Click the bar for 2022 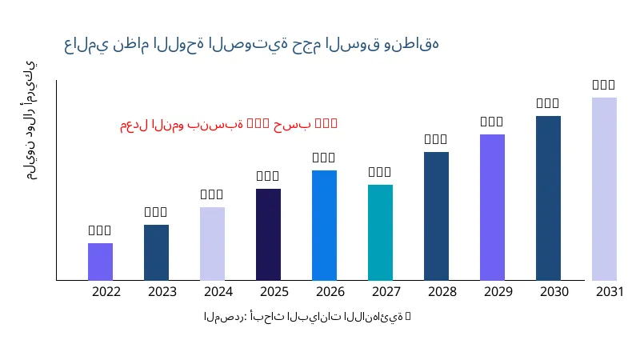(x=100, y=262)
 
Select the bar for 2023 (x=156, y=252)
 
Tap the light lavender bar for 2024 (x=212, y=243)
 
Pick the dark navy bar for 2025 (x=268, y=234)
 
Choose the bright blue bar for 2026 (x=324, y=225)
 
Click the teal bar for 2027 (x=380, y=232)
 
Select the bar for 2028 (x=436, y=216)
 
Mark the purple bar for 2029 (x=492, y=207)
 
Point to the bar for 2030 (x=548, y=198)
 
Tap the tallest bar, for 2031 (x=604, y=189)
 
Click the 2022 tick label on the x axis (x=106, y=291)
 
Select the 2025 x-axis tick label (x=274, y=291)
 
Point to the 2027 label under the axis (x=386, y=291)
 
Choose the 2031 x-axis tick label (x=610, y=291)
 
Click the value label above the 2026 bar (x=324, y=158)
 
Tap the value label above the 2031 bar (x=604, y=85)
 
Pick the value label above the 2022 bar (x=100, y=230)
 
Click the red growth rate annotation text (x=229, y=124)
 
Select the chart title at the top (x=251, y=43)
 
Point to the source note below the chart (x=307, y=317)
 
